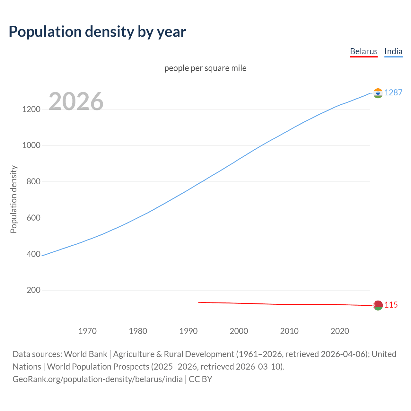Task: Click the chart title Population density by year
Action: (x=97, y=32)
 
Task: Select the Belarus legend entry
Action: (x=363, y=51)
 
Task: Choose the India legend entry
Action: (x=393, y=51)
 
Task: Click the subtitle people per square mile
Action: (x=205, y=68)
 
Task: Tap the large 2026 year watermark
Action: (x=76, y=101)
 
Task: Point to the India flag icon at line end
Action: (x=378, y=93)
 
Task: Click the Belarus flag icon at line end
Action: (x=378, y=305)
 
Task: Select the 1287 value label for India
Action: (x=393, y=92)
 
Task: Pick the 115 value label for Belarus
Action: (x=391, y=305)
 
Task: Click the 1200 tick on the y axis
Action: (x=31, y=109)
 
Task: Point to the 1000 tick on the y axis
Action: (x=31, y=145)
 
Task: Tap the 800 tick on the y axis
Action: (x=33, y=182)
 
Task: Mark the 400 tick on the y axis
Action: (x=33, y=254)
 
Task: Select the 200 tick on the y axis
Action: (x=33, y=290)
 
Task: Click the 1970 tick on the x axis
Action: (x=87, y=331)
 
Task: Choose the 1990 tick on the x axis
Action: (x=188, y=331)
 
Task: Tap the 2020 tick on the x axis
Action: (x=340, y=331)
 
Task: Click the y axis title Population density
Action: (x=13, y=199)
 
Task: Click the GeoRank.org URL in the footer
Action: (x=98, y=379)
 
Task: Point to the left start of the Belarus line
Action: (x=199, y=302)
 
